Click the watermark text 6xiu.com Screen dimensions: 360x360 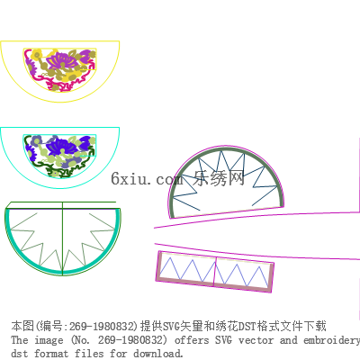(x=147, y=179)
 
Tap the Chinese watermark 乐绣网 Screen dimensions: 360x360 (x=219, y=178)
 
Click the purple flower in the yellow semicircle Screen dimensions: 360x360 (x=62, y=60)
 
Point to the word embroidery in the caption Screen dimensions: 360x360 (x=331, y=340)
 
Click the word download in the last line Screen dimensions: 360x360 (x=158, y=354)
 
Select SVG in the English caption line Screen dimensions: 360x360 (x=223, y=340)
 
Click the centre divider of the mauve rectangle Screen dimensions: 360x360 (x=215, y=272)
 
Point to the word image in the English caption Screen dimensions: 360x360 (x=49, y=340)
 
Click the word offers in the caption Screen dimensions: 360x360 (x=192, y=340)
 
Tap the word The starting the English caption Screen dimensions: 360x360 (x=20, y=340)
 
